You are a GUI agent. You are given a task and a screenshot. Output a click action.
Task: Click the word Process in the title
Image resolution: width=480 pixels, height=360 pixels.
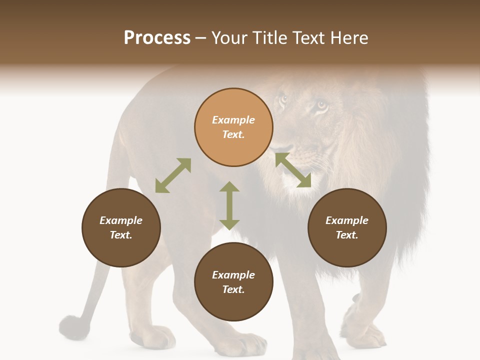pos(157,38)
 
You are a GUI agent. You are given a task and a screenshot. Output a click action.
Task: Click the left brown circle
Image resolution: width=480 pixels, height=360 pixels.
pos(121,227)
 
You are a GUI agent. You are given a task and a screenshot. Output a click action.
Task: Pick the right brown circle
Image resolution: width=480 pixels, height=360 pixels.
pos(347,227)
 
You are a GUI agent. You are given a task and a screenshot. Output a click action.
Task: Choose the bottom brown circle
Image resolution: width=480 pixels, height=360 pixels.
pos(233,282)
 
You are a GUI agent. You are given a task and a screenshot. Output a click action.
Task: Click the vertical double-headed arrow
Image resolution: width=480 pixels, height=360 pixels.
pos(229,205)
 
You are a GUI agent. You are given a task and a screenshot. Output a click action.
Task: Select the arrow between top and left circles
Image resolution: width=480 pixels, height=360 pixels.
pos(173,175)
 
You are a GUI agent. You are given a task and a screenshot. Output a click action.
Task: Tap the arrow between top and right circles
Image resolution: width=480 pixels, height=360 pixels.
pos(293,170)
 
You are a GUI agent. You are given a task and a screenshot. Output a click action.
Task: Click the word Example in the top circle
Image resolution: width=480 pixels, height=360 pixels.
pos(233,120)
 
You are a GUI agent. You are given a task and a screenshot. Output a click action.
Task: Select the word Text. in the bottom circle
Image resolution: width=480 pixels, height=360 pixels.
pos(233,289)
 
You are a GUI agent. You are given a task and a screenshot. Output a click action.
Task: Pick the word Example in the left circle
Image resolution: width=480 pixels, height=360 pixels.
pos(121,220)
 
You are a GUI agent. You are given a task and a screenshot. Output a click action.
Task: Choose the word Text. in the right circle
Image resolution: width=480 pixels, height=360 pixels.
pos(347,235)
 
